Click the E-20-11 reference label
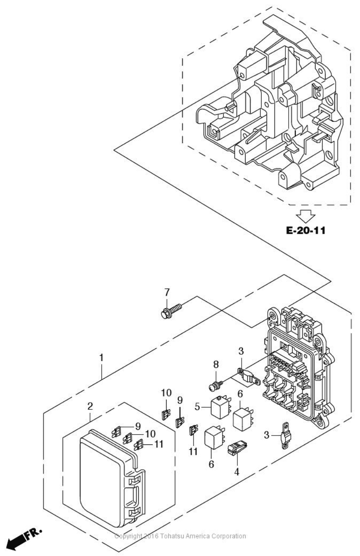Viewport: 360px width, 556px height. tap(306, 230)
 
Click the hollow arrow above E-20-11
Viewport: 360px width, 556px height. tap(307, 216)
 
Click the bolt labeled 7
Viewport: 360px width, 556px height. tap(171, 311)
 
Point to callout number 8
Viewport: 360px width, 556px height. tap(216, 365)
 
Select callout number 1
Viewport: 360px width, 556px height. tap(101, 358)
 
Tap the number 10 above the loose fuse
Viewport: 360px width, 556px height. tap(166, 393)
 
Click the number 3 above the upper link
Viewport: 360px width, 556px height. tap(241, 351)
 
